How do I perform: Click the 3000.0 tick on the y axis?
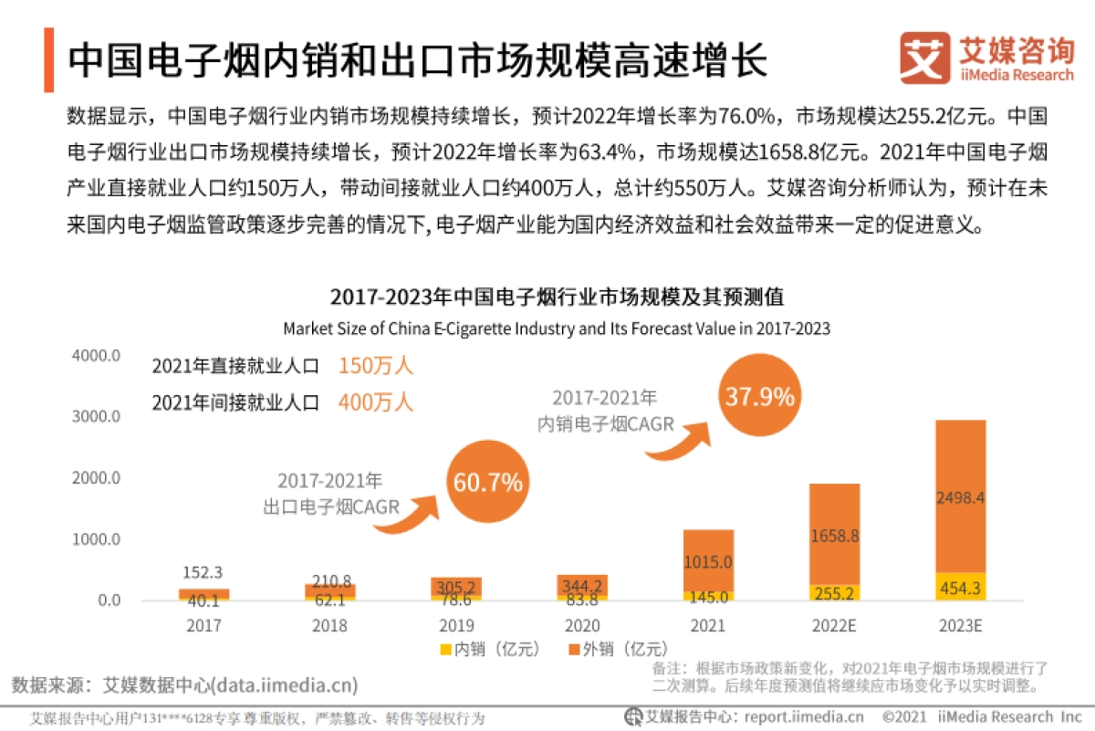[96, 417]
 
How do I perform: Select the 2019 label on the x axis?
[456, 626]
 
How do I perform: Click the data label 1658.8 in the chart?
[834, 537]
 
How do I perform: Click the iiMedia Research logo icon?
[923, 57]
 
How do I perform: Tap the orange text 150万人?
[375, 367]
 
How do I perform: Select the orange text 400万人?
[375, 402]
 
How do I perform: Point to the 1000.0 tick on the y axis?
[96, 539]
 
